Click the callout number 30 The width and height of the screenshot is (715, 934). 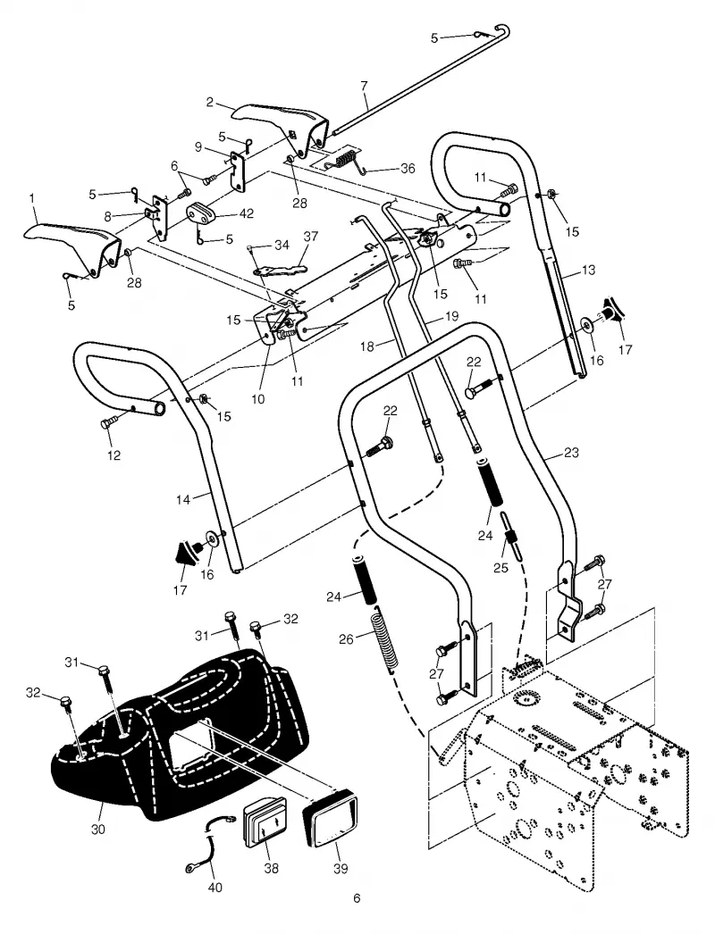click(x=97, y=830)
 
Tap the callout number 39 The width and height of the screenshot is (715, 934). click(x=341, y=869)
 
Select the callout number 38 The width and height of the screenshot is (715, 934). click(x=272, y=869)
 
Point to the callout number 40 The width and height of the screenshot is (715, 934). click(x=214, y=888)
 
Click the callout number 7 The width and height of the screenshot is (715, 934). click(x=365, y=86)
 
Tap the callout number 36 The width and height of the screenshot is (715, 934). click(x=408, y=169)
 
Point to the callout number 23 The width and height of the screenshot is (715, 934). click(x=571, y=453)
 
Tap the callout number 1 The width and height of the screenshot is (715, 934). click(x=32, y=196)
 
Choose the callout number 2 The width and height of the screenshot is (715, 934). click(x=210, y=103)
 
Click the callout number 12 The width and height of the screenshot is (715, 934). click(x=114, y=455)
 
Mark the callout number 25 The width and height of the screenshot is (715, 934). click(x=500, y=567)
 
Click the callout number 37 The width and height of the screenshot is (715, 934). click(x=311, y=237)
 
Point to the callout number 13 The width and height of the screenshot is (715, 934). click(x=589, y=270)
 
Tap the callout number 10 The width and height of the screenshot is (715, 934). click(x=257, y=399)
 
